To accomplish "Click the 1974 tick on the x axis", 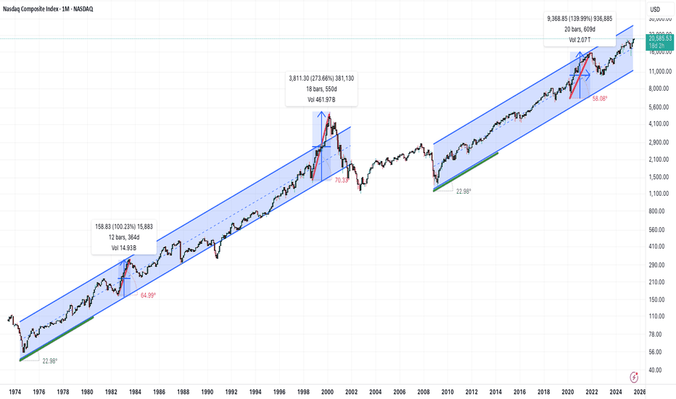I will click(15, 391).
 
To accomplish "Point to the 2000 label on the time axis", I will click(327, 391).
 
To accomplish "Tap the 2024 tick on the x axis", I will click(614, 391).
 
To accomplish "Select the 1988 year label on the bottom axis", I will click(183, 391).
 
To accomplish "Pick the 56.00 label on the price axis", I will click(655, 352).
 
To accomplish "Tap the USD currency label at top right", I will click(654, 9).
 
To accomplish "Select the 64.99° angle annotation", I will click(148, 295).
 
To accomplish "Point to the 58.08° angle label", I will click(599, 98).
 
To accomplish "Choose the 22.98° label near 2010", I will click(462, 191).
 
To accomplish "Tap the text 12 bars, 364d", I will click(123, 238).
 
